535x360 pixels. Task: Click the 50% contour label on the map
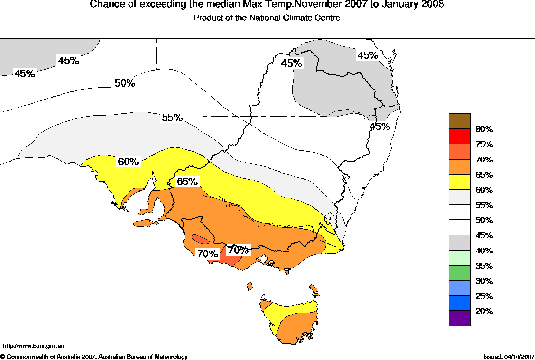125,83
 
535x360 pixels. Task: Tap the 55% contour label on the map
172,118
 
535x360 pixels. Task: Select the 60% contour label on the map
129,162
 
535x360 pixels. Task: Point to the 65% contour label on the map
187,182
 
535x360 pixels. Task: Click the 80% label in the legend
484,129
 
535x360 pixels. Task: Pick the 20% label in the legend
484,311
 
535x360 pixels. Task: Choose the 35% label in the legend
484,266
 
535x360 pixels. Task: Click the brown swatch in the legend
460,121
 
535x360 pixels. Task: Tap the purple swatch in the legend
460,318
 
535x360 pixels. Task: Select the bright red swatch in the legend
460,136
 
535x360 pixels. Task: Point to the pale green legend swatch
460,257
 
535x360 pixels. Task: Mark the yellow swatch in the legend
460,182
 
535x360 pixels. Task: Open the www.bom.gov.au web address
34,346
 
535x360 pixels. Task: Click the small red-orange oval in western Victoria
201,239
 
